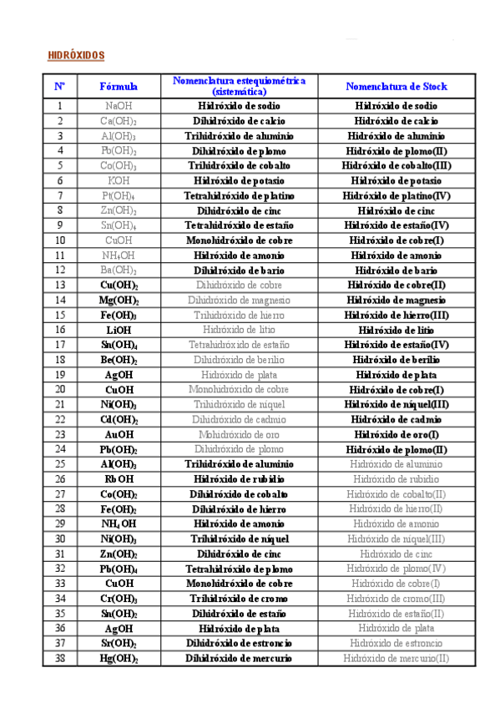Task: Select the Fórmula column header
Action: coord(119,86)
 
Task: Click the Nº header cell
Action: coord(60,86)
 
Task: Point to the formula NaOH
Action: coord(119,106)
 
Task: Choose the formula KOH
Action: coord(119,180)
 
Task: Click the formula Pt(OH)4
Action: coord(119,195)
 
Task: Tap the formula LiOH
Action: coord(119,330)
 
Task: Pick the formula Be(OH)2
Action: coord(119,360)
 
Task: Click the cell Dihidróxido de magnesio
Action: coord(239,300)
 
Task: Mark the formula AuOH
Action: coord(119,434)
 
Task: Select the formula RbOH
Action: coord(119,479)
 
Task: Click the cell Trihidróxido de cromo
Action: coord(239,599)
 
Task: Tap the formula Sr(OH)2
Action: coord(119,643)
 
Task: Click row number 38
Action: coord(60,658)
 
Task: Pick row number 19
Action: coord(60,375)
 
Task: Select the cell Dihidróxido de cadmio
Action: coord(239,419)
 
